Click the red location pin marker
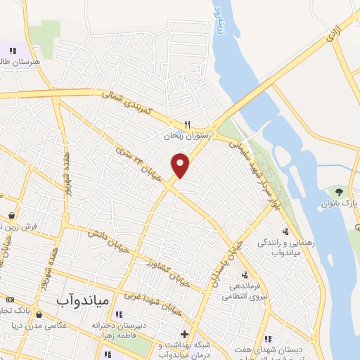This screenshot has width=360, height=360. pos(181,165)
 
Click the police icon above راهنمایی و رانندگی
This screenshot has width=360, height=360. pos(285,231)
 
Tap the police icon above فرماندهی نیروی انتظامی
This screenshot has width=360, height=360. pos(244,275)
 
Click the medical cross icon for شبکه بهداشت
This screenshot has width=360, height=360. pos(184,334)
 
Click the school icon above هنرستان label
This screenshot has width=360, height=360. pos(12,50)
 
